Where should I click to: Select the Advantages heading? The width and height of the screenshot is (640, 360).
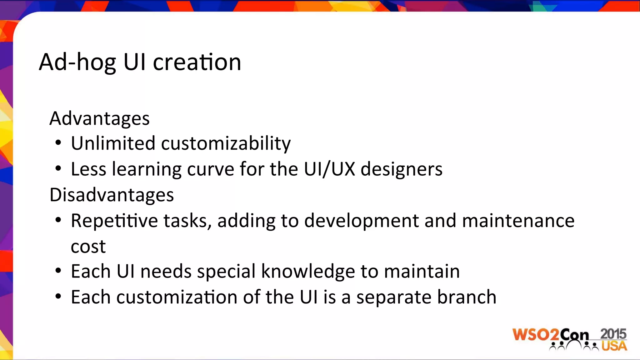(99, 119)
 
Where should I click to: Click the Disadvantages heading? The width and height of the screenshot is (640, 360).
(112, 195)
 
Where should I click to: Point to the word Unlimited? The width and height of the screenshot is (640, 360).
(113, 143)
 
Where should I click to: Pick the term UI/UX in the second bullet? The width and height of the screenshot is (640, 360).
(329, 169)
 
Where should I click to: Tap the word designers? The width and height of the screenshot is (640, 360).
(402, 170)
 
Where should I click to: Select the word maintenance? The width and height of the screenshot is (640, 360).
(518, 221)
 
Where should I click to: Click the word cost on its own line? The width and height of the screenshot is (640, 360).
(88, 247)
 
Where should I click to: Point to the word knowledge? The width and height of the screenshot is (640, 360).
(308, 271)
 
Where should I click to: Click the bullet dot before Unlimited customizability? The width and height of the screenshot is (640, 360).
(58, 143)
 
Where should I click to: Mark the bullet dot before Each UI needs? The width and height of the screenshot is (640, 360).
(58, 271)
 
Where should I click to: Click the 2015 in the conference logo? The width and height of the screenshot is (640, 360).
(613, 334)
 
